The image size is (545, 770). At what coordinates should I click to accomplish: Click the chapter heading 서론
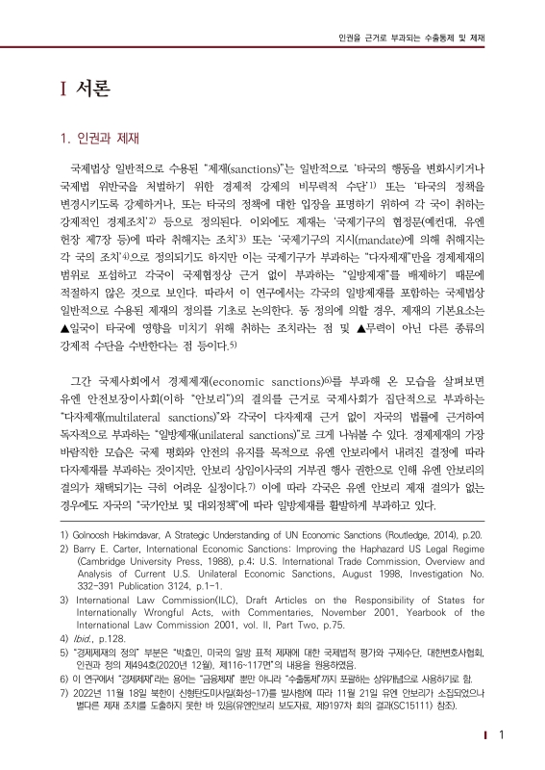coord(90,89)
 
